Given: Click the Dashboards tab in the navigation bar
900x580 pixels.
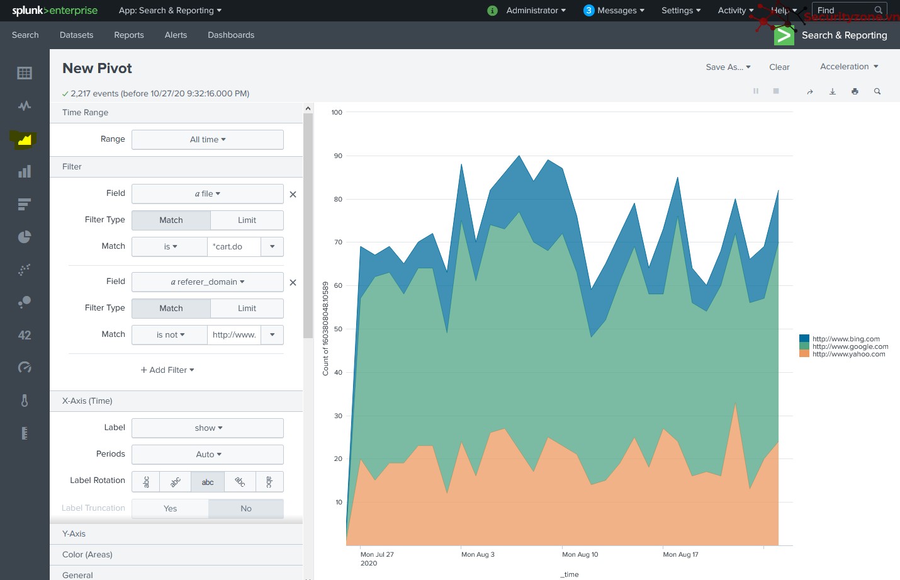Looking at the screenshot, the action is (x=230, y=35).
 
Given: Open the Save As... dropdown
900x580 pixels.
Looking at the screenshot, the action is (x=728, y=67).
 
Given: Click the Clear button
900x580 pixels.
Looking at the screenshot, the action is (x=779, y=67).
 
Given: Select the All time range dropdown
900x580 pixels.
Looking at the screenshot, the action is (x=207, y=139).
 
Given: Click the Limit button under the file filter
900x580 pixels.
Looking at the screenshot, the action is (x=247, y=220).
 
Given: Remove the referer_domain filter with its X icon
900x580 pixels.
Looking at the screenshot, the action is (x=293, y=283).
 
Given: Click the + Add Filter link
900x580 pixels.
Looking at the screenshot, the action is (x=167, y=370).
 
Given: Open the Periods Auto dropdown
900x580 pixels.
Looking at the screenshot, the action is (x=207, y=454).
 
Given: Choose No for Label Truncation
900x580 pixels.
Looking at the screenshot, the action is (x=246, y=508).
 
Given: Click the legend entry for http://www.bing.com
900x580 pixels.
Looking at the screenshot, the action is (x=845, y=339).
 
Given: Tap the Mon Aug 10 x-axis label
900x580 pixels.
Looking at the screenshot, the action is (x=580, y=554).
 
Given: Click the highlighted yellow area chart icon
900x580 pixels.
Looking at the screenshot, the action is (x=25, y=139).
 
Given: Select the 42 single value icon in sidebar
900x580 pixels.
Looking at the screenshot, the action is (x=25, y=335).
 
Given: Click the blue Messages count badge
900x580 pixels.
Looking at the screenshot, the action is (x=588, y=11).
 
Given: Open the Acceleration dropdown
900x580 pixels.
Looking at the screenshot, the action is (x=848, y=67).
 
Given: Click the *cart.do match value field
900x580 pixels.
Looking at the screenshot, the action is (x=234, y=246).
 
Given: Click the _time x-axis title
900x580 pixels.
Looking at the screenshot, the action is (x=570, y=574).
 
